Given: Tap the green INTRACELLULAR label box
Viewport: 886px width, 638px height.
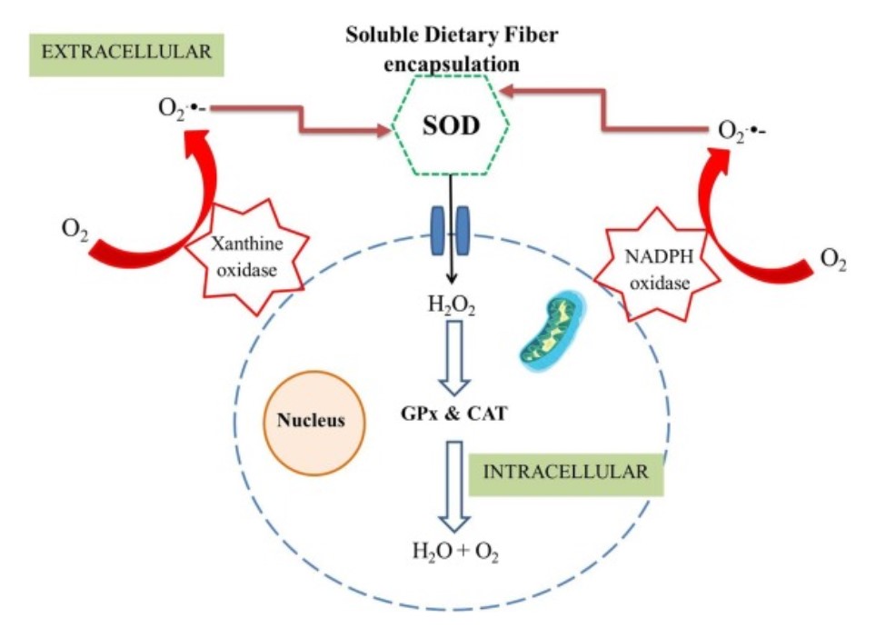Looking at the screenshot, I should (x=566, y=473).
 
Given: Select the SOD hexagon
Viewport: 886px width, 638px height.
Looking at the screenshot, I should (x=450, y=125).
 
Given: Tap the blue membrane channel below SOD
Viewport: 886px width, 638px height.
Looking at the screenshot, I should (x=451, y=222).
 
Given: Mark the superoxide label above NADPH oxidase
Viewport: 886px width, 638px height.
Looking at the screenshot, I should (x=742, y=132).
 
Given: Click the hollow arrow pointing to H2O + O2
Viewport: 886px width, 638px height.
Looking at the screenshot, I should (x=451, y=484).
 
